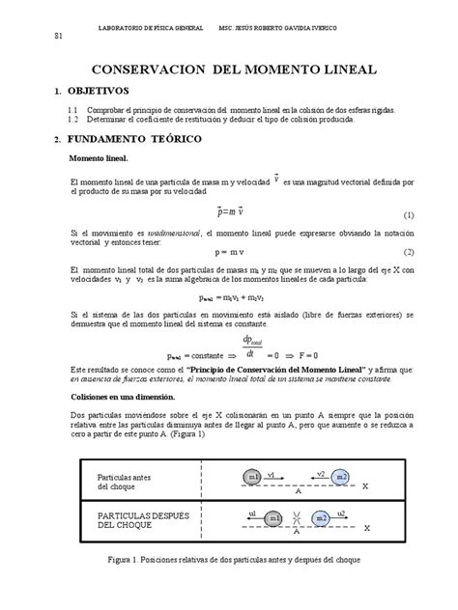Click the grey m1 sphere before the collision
[253, 477]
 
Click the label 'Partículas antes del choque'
[124, 483]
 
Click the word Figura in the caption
[129, 585]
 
